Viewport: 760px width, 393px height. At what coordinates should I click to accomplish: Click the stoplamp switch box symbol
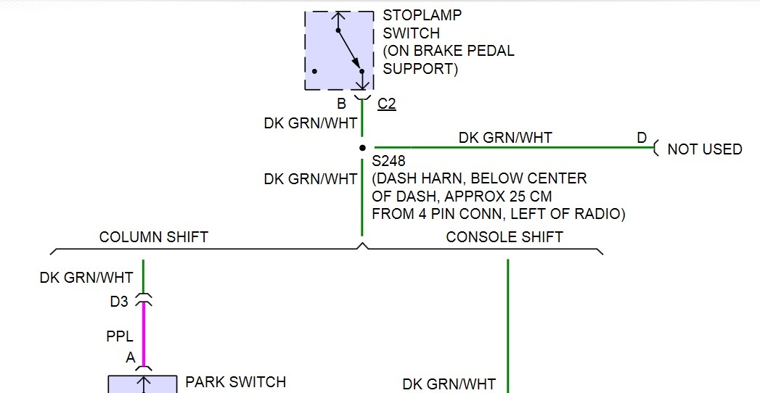tap(339, 50)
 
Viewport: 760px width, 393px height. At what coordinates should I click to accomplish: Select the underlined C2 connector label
tap(387, 104)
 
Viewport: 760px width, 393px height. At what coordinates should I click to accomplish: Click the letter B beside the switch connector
tap(341, 104)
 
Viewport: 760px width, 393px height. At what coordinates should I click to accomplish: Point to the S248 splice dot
tap(362, 148)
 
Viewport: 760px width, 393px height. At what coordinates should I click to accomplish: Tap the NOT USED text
tap(704, 149)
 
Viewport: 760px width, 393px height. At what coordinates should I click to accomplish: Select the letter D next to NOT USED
tap(642, 138)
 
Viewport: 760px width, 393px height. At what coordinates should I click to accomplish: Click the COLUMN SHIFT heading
tap(153, 237)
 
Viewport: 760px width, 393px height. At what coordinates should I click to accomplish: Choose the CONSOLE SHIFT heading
tap(504, 237)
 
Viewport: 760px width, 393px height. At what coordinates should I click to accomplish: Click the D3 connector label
tap(119, 302)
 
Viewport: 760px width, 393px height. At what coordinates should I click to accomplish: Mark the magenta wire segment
tap(144, 334)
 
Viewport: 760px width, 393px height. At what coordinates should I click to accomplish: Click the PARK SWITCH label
tap(236, 381)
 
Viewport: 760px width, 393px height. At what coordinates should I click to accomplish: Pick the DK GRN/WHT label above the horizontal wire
tap(505, 138)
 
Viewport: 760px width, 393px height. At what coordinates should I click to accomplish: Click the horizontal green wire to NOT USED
tap(508, 148)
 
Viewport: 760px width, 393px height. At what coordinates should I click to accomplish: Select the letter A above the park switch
tap(130, 357)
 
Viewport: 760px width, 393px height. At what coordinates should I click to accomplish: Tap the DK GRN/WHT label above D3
tap(86, 278)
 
